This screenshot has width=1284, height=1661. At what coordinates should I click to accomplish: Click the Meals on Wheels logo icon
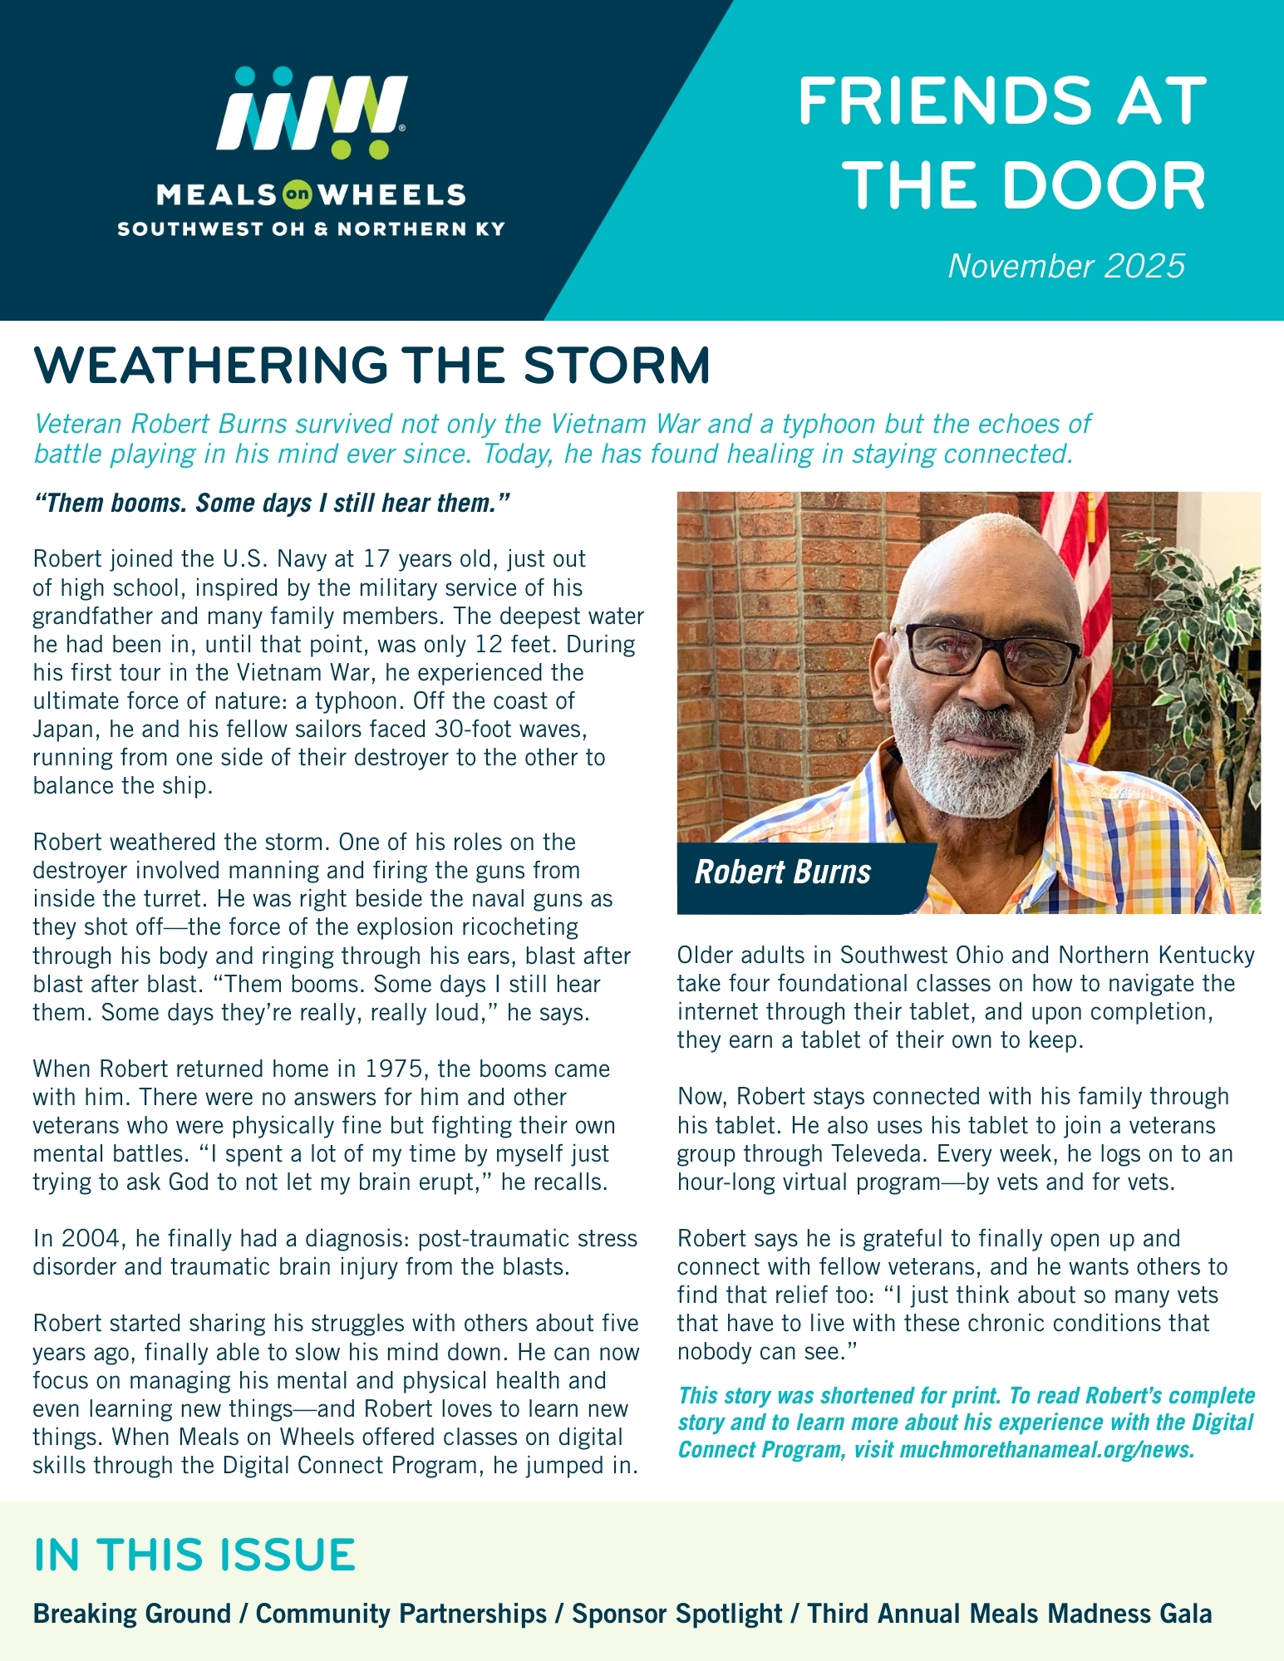pyautogui.click(x=312, y=113)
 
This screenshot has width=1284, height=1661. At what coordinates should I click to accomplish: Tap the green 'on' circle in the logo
pyautogui.click(x=297, y=195)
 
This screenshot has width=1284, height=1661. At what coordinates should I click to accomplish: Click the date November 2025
pyautogui.click(x=1066, y=266)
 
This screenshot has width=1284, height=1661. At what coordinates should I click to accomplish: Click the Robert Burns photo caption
pyautogui.click(x=782, y=872)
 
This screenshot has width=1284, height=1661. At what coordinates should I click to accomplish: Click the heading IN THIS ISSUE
pyautogui.click(x=194, y=1555)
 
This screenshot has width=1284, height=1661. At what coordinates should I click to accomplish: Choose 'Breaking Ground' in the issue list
pyautogui.click(x=131, y=1614)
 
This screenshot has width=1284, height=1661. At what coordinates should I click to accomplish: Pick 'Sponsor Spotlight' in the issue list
pyautogui.click(x=676, y=1614)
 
